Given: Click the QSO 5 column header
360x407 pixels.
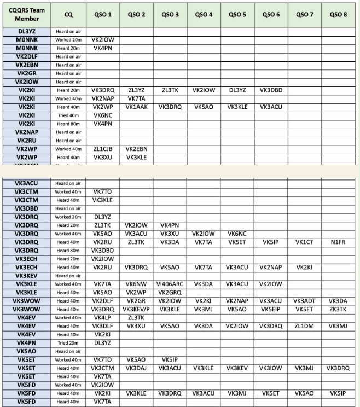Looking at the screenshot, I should pos(237,14).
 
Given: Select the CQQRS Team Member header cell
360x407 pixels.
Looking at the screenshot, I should pos(27,14).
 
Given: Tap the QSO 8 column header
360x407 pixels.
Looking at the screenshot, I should pos(339,14).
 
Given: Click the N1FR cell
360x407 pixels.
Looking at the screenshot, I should pos(339,242).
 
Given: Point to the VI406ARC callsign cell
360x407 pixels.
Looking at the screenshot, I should pos(170,284).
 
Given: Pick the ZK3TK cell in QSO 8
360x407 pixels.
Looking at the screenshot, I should pos(339,309).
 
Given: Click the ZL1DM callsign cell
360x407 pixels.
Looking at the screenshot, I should pos(304,326).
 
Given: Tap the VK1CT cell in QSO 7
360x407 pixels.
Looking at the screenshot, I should pos(304,242).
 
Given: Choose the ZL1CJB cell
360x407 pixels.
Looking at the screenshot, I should pos(102,149).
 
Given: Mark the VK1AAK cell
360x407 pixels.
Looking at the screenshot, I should pos(136,107).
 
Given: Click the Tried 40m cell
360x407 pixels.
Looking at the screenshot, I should pos(68,115).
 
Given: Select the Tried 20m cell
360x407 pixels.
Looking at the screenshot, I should pos(68,343).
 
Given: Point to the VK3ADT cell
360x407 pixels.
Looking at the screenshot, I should pos(304,301).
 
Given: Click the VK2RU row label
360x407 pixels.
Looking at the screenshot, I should pos(27,141).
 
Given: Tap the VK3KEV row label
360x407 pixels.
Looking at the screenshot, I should pos(27,276).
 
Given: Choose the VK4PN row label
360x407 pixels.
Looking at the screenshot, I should pos(27,343).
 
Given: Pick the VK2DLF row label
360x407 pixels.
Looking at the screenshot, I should pos(27,56).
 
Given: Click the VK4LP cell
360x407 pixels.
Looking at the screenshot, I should pos(102,318).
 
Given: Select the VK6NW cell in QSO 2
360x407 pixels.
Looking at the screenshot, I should pos(136,284).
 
